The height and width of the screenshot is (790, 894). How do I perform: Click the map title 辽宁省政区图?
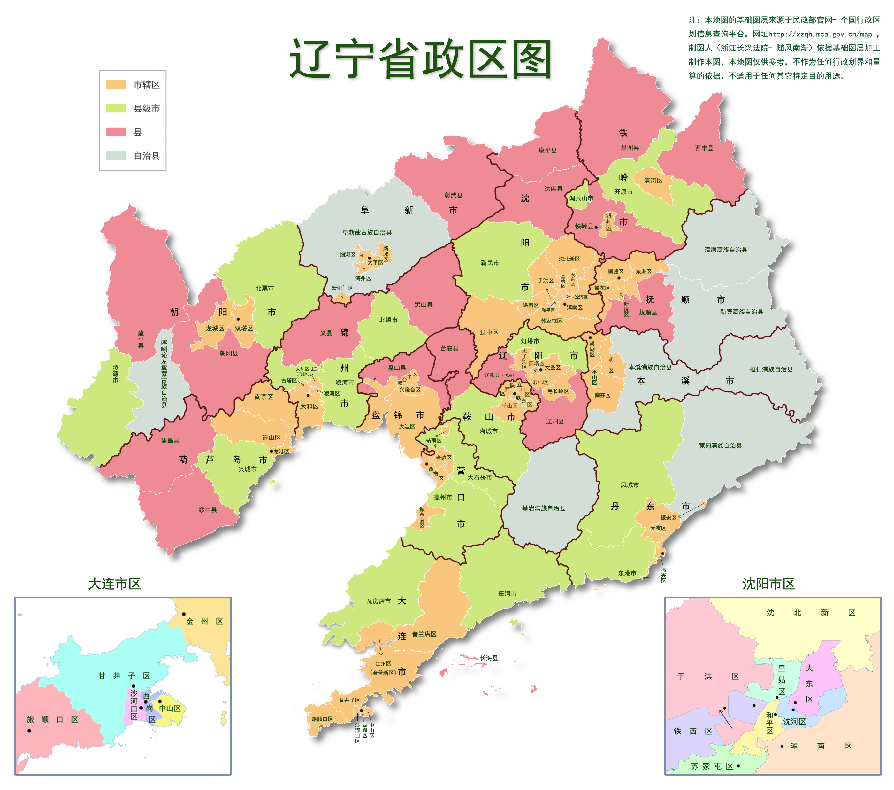(x=420, y=59)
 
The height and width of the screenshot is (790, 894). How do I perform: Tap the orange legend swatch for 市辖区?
(x=116, y=84)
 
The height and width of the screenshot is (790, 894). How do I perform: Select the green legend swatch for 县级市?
(x=116, y=108)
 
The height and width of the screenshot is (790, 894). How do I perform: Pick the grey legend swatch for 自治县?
(x=116, y=155)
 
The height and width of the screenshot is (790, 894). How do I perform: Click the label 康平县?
(x=547, y=150)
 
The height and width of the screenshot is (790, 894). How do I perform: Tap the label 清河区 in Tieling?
(x=653, y=180)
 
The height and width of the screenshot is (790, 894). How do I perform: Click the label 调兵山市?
(x=581, y=198)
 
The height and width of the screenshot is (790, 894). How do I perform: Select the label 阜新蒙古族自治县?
(x=367, y=232)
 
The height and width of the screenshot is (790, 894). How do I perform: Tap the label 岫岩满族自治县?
(x=543, y=508)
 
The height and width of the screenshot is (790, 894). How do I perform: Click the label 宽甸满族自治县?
(x=720, y=445)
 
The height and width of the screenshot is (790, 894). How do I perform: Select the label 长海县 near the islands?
(x=489, y=658)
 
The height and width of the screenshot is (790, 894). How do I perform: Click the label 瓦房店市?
(x=378, y=601)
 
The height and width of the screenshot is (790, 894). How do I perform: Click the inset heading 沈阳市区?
(x=768, y=584)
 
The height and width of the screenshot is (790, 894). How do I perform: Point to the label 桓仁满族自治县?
(x=771, y=369)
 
